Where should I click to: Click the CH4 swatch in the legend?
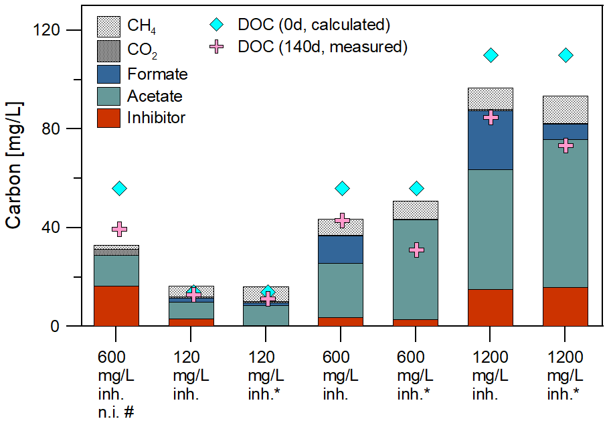pos(108,27)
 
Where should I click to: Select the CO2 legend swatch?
pos(108,51)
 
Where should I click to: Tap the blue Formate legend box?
pos(108,74)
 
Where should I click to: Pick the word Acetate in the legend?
pos(155,96)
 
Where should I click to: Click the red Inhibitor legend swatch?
pos(108,118)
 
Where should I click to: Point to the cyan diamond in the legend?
pos(216,25)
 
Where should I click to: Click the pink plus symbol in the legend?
pos(216,47)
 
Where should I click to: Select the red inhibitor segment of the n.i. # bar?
pos(116,306)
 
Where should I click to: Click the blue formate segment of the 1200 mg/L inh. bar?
pos(490,140)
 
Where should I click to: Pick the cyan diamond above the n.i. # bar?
pos(120,188)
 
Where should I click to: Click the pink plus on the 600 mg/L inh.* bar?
pos(417,250)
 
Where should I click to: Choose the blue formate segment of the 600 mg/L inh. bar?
pos(341,249)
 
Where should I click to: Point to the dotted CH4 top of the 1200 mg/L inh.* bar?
pos(565,109)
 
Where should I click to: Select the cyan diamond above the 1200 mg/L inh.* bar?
pos(565,55)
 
